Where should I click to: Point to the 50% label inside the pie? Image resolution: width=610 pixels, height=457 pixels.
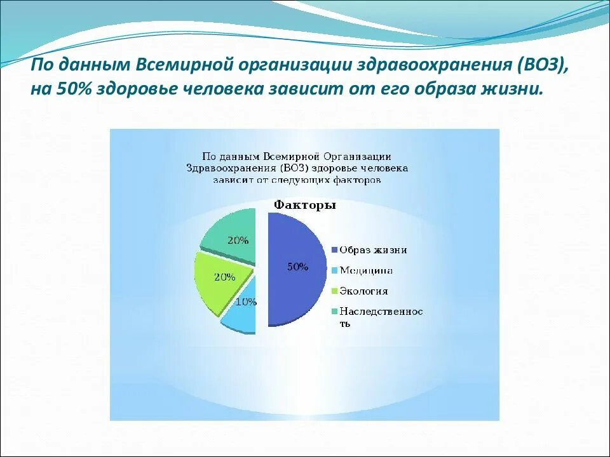297,267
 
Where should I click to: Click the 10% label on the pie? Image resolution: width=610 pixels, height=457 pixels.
246,302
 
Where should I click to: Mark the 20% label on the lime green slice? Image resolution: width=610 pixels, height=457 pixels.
225,277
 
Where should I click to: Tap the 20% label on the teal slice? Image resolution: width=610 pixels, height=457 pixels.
238,241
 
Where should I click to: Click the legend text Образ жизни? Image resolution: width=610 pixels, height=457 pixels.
373,250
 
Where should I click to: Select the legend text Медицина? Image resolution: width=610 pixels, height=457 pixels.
366,270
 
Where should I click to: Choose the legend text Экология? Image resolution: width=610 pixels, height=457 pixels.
363,291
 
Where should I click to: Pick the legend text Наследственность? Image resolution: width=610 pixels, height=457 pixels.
381,317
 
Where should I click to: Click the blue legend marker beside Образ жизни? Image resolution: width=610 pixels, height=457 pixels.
334,250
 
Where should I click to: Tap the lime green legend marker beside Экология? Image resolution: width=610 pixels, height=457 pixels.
334,291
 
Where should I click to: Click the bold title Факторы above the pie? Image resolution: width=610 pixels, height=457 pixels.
305,205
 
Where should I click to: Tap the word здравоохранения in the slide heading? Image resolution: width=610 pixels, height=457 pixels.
421,65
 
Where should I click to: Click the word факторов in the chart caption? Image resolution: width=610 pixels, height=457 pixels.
356,180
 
